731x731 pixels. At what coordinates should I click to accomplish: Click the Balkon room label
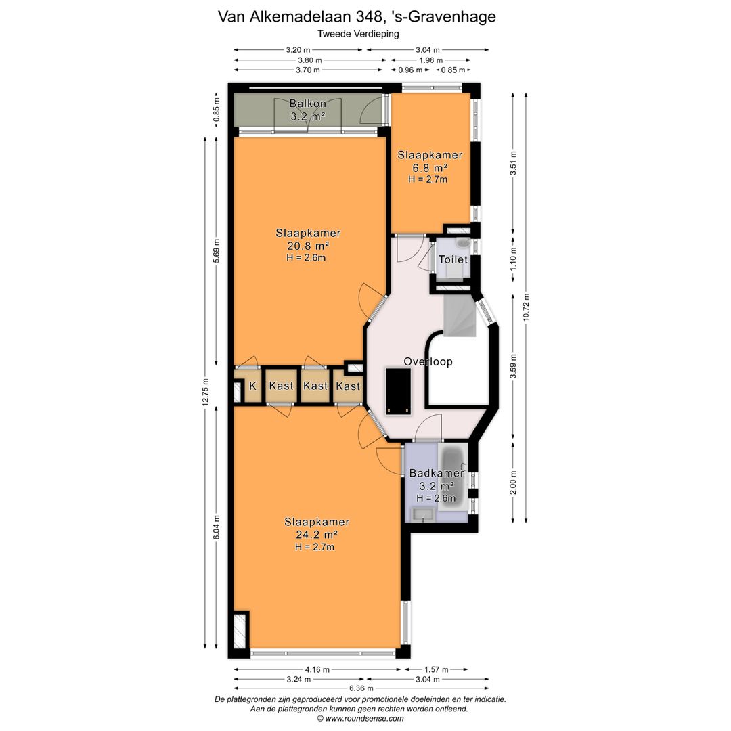(308, 104)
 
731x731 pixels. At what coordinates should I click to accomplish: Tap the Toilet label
(453, 259)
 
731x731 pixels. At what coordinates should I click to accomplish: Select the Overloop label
(428, 361)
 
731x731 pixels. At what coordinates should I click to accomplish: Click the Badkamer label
(437, 473)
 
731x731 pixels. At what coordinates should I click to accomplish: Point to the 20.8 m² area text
(308, 245)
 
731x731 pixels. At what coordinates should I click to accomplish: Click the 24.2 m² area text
(317, 534)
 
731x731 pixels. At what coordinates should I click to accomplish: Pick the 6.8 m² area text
(430, 167)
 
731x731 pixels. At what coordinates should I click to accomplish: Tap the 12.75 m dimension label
(206, 393)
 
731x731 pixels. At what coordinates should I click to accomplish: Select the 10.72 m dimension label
(527, 307)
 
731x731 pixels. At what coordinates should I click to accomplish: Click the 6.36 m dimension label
(361, 688)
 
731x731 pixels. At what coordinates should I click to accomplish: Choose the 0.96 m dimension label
(410, 70)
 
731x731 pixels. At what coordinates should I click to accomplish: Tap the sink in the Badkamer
(422, 514)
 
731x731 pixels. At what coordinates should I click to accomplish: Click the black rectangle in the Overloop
(398, 391)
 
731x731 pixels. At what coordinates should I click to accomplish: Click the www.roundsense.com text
(365, 718)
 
